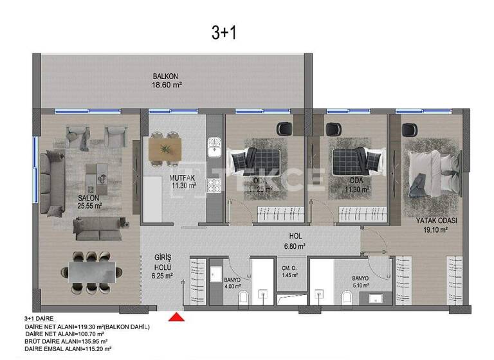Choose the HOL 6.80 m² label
pos(295,240)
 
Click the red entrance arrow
pos(176,316)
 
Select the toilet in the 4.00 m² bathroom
pos(244,298)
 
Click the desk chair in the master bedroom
pos(407,129)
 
